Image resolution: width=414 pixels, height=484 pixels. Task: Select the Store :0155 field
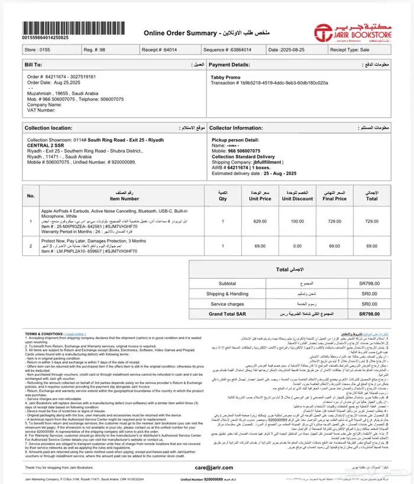tap(37, 51)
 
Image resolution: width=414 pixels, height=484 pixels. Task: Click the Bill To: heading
tap(34, 64)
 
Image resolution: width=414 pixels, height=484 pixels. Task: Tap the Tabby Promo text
tap(225, 77)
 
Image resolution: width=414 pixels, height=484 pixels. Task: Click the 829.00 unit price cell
tap(260, 221)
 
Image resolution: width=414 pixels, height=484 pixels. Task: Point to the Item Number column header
tap(123, 198)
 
